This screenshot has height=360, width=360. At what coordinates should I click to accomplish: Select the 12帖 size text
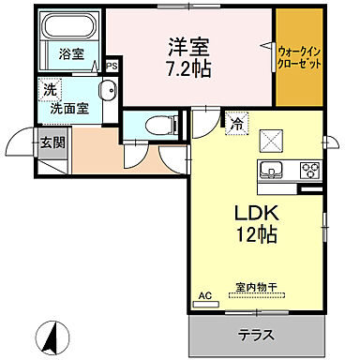pos(254,234)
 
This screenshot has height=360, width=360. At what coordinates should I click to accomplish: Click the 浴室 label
pos(71,54)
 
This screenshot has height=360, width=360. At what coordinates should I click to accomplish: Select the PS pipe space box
pos(112,66)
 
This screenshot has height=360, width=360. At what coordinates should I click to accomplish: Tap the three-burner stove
pos(309,171)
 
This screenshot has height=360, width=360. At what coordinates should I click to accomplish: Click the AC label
pos(205,296)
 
